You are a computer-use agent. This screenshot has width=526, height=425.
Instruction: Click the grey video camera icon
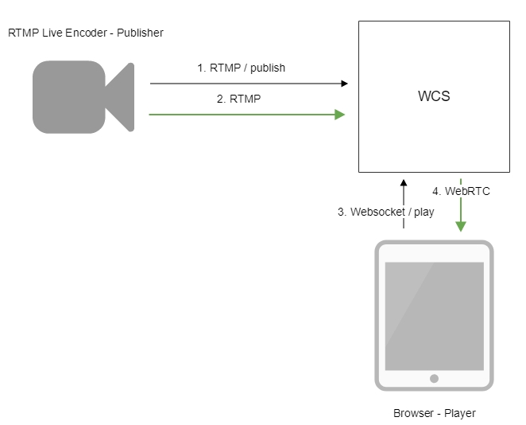pyautogui.click(x=82, y=96)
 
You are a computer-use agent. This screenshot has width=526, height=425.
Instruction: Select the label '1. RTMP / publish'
pyautogui.click(x=241, y=68)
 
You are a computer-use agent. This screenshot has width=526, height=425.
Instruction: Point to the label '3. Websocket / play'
pyautogui.click(x=386, y=212)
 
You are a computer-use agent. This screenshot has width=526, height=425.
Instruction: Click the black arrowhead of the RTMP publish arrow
pyautogui.click(x=344, y=83)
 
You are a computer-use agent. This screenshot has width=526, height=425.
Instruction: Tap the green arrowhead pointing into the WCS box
pyautogui.click(x=340, y=115)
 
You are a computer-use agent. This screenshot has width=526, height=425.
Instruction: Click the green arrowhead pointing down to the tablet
pyautogui.click(x=460, y=227)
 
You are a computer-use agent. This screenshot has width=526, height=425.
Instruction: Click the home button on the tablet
pyautogui.click(x=435, y=379)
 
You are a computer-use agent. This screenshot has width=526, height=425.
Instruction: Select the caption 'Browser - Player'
pyautogui.click(x=434, y=413)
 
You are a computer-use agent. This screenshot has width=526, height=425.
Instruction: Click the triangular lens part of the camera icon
pyautogui.click(x=118, y=96)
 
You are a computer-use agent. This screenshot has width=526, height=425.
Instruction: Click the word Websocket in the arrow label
pyautogui.click(x=376, y=212)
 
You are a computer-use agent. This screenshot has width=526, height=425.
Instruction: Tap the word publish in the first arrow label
pyautogui.click(x=269, y=68)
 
